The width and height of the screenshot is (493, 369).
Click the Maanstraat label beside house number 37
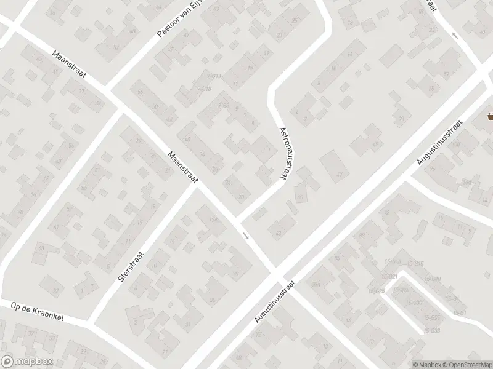click(x=70, y=66)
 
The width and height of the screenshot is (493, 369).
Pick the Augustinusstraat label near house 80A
click(x=275, y=303)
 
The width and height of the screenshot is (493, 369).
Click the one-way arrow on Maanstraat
click(x=246, y=235)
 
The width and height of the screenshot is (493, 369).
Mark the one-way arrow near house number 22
click(x=455, y=35)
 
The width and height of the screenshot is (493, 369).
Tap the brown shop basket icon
click(x=491, y=115)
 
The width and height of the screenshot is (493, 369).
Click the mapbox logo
click(x=25, y=362)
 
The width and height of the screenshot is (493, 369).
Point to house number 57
click(x=401, y=117)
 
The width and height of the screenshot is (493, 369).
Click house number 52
click(x=116, y=47)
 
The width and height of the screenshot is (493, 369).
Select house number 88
click(x=362, y=236)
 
